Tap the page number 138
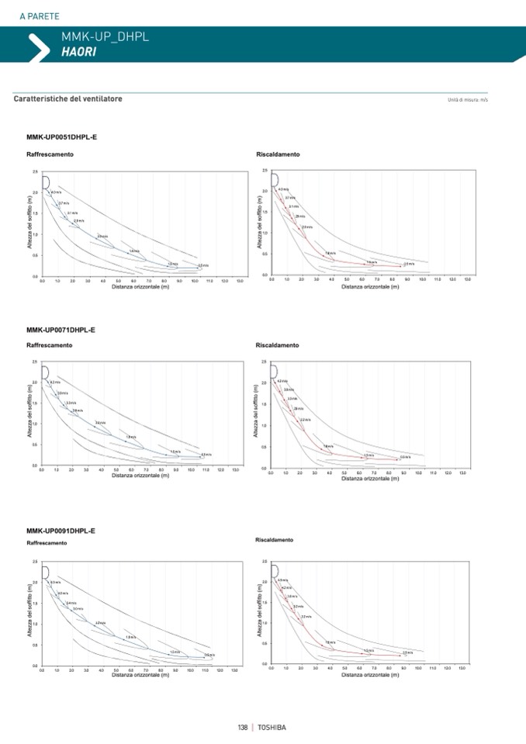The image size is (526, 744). click(x=242, y=727)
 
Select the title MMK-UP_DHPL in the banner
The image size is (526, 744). click(x=105, y=36)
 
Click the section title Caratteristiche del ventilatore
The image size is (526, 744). click(x=67, y=99)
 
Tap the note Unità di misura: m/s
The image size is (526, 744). click(x=467, y=100)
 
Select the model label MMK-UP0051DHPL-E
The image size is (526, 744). click(x=61, y=137)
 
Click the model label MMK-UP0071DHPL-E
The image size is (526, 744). click(x=61, y=330)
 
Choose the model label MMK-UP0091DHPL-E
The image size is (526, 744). click(x=61, y=531)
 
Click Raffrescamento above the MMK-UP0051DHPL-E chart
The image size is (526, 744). click(x=50, y=154)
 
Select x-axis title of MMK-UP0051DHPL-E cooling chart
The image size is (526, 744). click(x=140, y=286)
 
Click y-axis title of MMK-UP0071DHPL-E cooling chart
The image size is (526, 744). click(x=30, y=414)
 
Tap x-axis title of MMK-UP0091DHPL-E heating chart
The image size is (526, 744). click(x=370, y=674)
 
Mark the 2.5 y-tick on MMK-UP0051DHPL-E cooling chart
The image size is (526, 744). click(x=35, y=171)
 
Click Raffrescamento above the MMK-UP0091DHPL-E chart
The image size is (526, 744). click(x=47, y=543)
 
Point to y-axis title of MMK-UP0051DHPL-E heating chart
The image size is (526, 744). click(x=260, y=222)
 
